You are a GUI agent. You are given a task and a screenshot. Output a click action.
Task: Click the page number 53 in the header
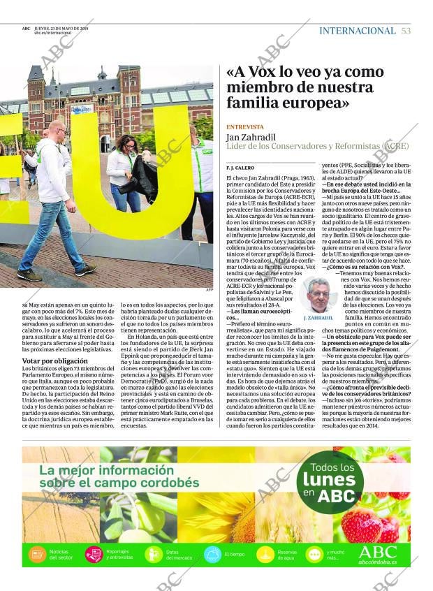pyautogui.click(x=406, y=31)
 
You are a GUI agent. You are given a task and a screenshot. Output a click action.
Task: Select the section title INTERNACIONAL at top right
pyautogui.click(x=357, y=31)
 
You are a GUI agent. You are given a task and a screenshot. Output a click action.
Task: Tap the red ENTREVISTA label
pyautogui.click(x=245, y=126)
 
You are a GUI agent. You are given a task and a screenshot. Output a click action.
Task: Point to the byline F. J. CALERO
pyautogui.click(x=240, y=168)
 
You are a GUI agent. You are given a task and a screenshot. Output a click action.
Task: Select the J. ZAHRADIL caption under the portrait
pyautogui.click(x=318, y=317)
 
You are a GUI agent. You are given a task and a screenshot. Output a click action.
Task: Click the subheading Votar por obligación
pyautogui.click(x=50, y=360)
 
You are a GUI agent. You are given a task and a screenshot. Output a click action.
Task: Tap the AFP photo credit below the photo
pyautogui.click(x=209, y=289)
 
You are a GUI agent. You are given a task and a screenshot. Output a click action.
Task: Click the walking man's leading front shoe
pyautogui.click(x=86, y=270)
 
